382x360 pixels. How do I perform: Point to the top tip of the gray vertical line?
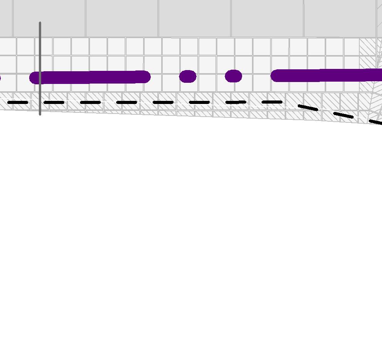[x=40, y=23]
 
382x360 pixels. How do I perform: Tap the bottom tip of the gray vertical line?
[x=40, y=114]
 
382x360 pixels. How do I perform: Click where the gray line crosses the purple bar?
[x=40, y=77]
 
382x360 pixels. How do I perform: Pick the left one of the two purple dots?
[x=188, y=76]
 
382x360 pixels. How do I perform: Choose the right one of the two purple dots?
[x=234, y=76]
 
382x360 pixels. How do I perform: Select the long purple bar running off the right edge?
[x=327, y=75]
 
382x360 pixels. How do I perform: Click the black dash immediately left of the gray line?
[x=18, y=103]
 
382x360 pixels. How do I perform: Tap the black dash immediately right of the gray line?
[x=54, y=103]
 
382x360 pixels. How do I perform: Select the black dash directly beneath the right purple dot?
[x=235, y=102]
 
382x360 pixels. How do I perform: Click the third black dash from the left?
[x=90, y=103]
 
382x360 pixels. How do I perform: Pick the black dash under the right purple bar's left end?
[x=272, y=102]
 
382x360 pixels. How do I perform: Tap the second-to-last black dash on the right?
[x=343, y=115]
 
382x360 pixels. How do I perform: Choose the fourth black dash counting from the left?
[x=127, y=103]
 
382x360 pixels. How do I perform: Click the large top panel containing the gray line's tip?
[x=49, y=18]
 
